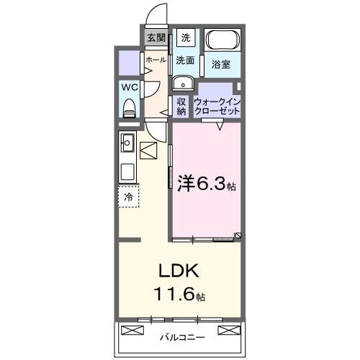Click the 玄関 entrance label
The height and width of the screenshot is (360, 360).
click(x=156, y=38)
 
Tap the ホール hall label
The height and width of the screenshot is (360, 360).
click(x=156, y=61)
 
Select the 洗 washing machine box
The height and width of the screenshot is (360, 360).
click(x=186, y=38)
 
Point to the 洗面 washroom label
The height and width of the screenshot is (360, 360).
click(x=186, y=61)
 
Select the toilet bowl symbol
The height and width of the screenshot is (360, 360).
click(x=130, y=109)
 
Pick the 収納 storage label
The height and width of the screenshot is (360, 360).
click(x=181, y=106)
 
